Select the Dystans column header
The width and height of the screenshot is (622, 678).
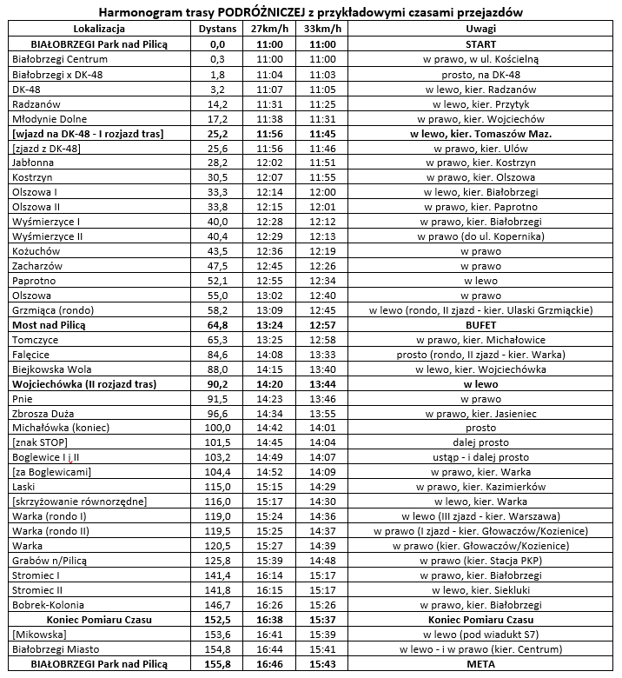click(x=217, y=29)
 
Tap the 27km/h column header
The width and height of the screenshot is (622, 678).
click(x=271, y=29)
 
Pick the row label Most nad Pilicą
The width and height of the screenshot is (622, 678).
click(x=51, y=324)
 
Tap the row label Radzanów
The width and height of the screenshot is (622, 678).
click(x=36, y=103)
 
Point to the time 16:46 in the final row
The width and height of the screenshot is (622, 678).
click(x=271, y=664)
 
